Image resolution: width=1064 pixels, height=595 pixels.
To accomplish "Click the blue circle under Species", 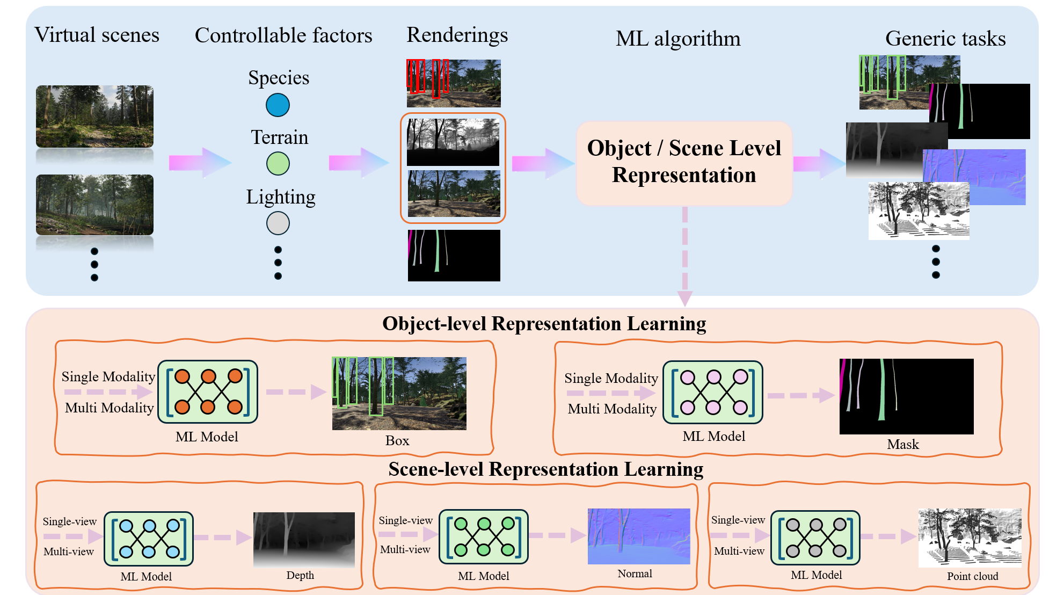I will pyautogui.click(x=278, y=105).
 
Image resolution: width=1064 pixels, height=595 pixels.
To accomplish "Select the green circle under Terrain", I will pyautogui.click(x=278, y=164).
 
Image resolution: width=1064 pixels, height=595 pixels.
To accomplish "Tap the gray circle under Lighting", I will pyautogui.click(x=278, y=223).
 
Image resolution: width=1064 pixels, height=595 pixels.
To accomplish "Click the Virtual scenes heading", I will pyautogui.click(x=97, y=35).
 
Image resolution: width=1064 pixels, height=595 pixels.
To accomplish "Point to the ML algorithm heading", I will pyautogui.click(x=677, y=39).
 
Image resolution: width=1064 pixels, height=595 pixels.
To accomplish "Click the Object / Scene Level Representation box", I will pyautogui.click(x=684, y=162).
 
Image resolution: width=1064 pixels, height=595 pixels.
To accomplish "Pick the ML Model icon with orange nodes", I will pyautogui.click(x=208, y=391).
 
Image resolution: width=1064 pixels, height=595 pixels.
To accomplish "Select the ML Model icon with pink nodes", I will pyautogui.click(x=713, y=392).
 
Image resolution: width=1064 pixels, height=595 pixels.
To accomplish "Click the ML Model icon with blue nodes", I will pyautogui.click(x=149, y=539).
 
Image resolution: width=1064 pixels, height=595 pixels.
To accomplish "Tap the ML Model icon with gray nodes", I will pyautogui.click(x=815, y=538).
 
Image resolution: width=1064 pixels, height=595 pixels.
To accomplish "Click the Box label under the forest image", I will pyautogui.click(x=397, y=441).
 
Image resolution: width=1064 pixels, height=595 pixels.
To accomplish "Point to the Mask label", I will pyautogui.click(x=903, y=445).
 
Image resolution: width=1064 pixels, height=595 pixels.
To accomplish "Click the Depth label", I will pyautogui.click(x=300, y=576).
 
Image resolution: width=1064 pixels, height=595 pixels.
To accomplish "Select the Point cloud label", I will pyautogui.click(x=972, y=577).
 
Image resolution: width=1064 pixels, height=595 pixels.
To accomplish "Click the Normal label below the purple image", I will pyautogui.click(x=635, y=574).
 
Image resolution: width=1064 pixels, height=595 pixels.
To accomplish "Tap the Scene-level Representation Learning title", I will pyautogui.click(x=545, y=469).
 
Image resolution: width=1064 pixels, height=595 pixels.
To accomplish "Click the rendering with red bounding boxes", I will pyautogui.click(x=454, y=83).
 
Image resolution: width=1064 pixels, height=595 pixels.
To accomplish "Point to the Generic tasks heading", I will pyautogui.click(x=945, y=39).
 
